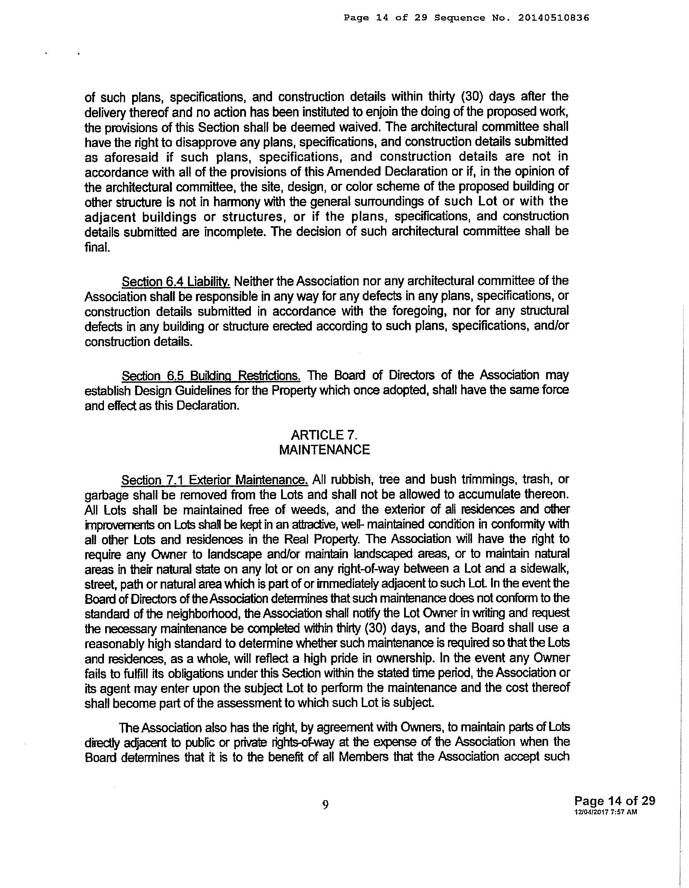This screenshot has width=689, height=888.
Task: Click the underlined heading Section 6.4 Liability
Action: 176,282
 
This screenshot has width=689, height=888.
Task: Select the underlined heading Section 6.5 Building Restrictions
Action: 211,376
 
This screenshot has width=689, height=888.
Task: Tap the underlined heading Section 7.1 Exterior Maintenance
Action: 214,480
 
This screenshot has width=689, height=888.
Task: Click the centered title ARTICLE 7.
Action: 324,435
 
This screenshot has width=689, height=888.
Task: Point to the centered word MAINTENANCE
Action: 324,450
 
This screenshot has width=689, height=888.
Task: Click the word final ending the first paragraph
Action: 97,247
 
